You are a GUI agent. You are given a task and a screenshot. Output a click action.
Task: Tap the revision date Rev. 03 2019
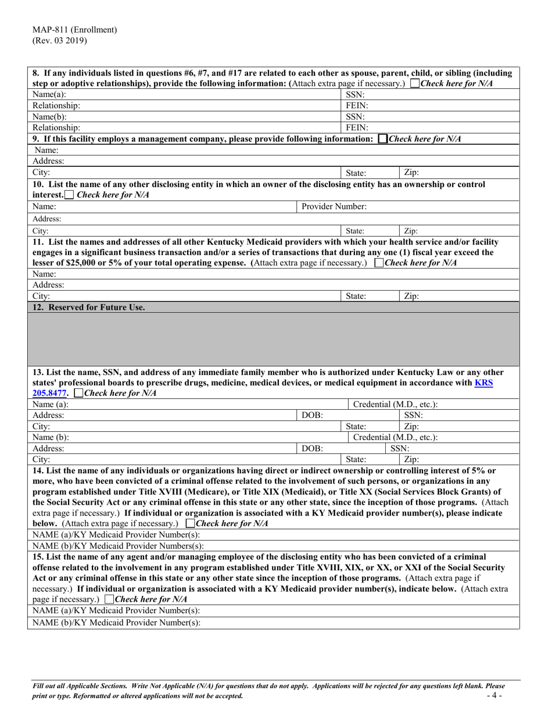point(60,40)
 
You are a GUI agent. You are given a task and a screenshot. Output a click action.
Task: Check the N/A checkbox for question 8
point(414,84)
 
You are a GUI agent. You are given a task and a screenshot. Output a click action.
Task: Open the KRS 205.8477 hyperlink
point(484,384)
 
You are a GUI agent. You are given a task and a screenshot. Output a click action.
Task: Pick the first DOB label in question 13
point(310,416)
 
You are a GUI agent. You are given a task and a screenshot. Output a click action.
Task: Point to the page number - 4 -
point(496,695)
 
